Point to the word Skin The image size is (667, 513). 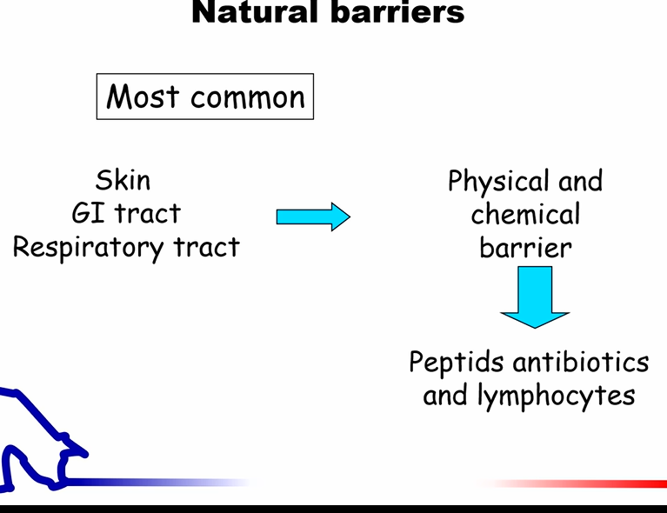point(123,180)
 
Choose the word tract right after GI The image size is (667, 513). point(148,213)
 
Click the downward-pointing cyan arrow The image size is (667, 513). point(534,296)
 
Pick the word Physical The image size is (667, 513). point(497,182)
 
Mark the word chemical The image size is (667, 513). point(525,214)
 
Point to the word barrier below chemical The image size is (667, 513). point(525,247)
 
